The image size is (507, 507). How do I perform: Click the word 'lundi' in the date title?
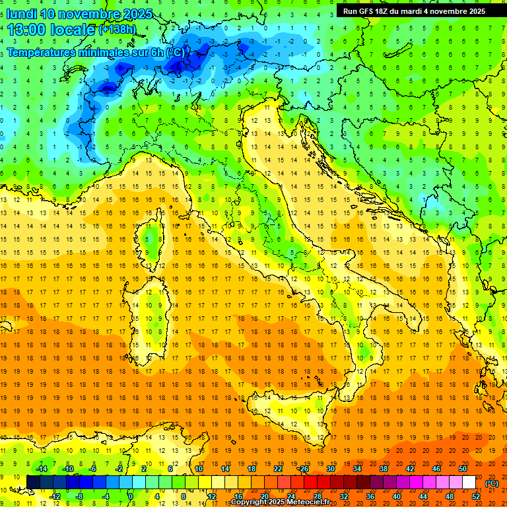(x=22, y=13)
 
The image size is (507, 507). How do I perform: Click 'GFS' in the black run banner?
(x=370, y=11)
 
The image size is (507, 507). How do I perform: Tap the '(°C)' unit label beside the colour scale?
(x=492, y=483)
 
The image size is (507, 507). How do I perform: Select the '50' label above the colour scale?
(x=462, y=469)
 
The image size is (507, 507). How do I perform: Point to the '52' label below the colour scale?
(x=475, y=496)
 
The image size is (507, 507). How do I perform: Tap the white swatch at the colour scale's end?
(x=469, y=483)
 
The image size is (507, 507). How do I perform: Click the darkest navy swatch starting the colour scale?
(x=33, y=483)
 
